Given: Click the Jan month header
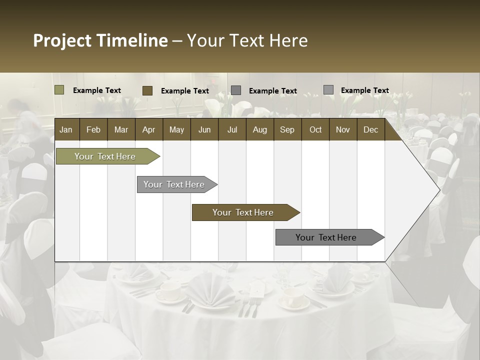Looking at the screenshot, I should pyautogui.click(x=66, y=129).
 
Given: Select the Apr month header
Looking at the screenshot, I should pyautogui.click(x=149, y=129).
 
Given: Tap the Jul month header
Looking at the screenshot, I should pyautogui.click(x=232, y=129).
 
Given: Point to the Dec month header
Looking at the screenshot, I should pyautogui.click(x=370, y=129).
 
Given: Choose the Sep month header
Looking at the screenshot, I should pyautogui.click(x=287, y=129).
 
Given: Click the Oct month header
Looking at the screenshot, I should pyautogui.click(x=315, y=129).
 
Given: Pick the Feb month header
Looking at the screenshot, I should pyautogui.click(x=93, y=129).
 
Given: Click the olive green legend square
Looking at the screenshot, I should pyautogui.click(x=59, y=90).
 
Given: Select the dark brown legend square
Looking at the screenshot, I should pyautogui.click(x=147, y=90).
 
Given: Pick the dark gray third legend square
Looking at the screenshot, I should pyautogui.click(x=236, y=90).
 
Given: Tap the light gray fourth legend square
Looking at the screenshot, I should pyautogui.click(x=328, y=89).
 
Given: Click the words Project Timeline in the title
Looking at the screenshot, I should pyautogui.click(x=100, y=40).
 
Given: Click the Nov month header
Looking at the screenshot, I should pyautogui.click(x=343, y=129).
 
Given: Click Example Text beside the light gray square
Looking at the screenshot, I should pyautogui.click(x=364, y=90).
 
